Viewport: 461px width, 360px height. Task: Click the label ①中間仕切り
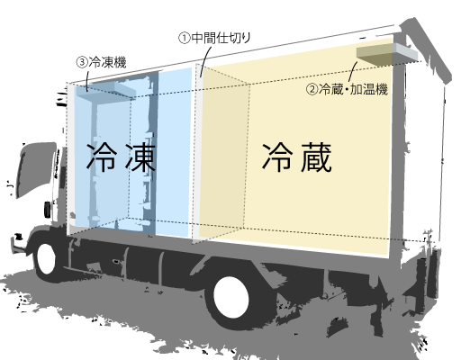(x=214, y=38)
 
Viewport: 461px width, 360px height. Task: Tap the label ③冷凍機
(x=101, y=62)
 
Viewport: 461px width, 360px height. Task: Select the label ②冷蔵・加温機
(x=347, y=89)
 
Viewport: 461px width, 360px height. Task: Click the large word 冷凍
(x=121, y=157)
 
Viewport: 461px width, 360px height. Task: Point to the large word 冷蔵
(x=297, y=157)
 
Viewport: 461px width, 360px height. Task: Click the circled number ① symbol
(x=185, y=39)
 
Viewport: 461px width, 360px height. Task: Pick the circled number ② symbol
(x=312, y=89)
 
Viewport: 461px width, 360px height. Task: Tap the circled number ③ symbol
(x=82, y=62)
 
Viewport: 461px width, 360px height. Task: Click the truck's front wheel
(x=47, y=258)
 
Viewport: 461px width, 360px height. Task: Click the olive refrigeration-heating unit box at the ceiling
(x=375, y=55)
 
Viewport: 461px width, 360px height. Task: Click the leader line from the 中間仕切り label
(x=204, y=60)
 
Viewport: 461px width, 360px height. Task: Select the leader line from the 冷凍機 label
(x=87, y=79)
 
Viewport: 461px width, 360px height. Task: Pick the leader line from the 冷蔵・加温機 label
(x=352, y=71)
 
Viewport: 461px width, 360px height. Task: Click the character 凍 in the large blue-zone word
(x=140, y=157)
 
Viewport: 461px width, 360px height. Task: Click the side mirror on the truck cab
(x=48, y=210)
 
